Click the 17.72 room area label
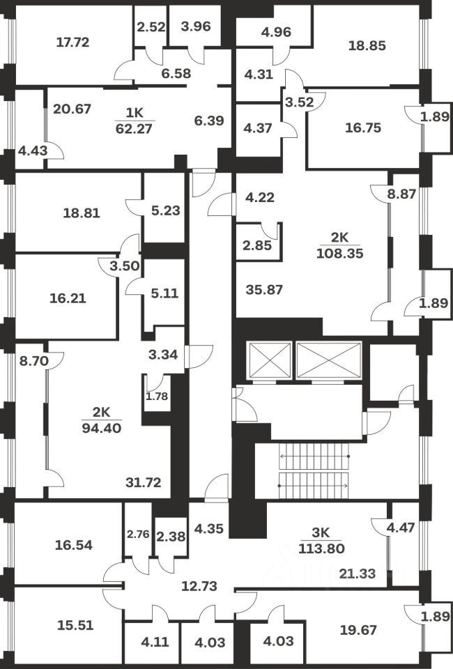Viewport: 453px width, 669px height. pos(72,43)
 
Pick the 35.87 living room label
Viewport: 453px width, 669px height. pos(264,290)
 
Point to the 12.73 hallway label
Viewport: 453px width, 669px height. pos(199,586)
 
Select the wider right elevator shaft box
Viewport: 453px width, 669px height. pos(329,360)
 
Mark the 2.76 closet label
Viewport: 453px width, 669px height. pos(137,535)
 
